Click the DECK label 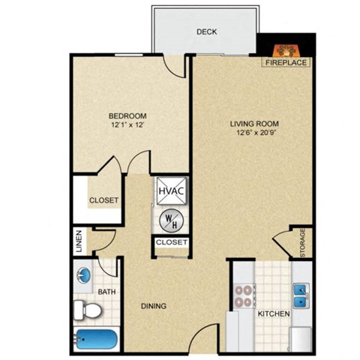point(207,32)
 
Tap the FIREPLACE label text point(283,64)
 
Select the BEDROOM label point(127,115)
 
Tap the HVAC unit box point(171,191)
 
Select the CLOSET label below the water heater point(171,242)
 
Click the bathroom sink point(84,274)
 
